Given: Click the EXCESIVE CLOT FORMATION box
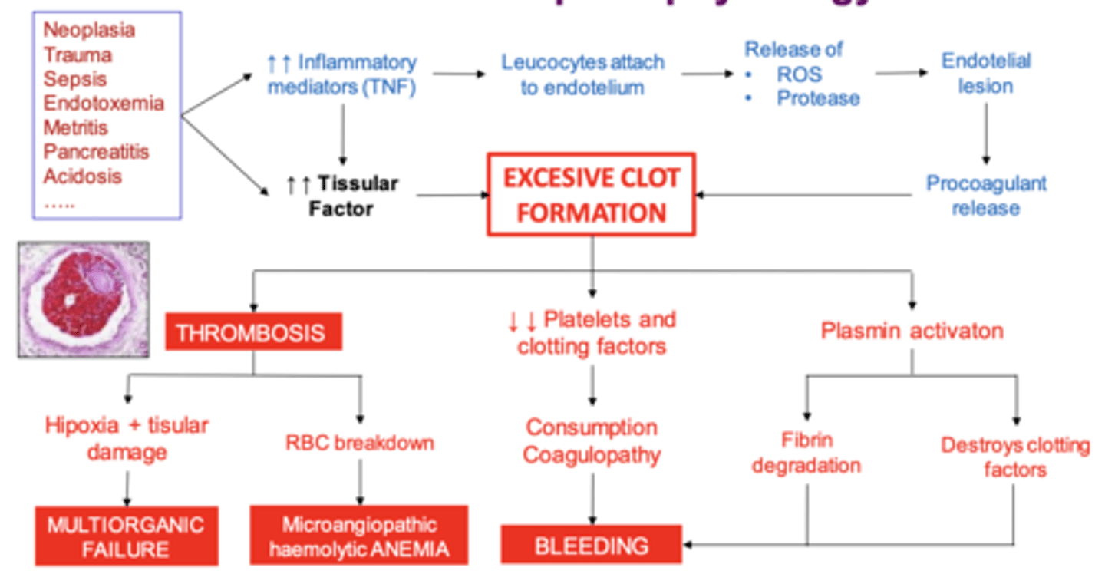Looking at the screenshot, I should pos(591,194).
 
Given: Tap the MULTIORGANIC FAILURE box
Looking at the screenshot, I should pos(126,536).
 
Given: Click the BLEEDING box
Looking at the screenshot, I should pos(591,546).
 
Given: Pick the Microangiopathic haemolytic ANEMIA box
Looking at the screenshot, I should pos(359,536).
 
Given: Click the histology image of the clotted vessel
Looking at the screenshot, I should pos(83,300).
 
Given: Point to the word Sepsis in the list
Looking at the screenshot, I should pos(75,79).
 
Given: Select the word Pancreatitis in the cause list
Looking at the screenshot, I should pos(96,151).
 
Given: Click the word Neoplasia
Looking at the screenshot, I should pos(89,31).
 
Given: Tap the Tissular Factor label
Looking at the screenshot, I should pos(341,196).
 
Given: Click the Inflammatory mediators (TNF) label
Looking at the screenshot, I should pos(341,74).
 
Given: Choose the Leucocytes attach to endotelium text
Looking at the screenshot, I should pos(582,74).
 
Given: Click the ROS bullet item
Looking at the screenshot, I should pos(799,74).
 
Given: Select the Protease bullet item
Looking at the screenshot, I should pos(818,98).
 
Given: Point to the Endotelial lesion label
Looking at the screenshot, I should pos(986,73).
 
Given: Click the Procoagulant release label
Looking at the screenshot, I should pos(986,196).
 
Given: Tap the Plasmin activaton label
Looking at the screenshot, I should pos(912,331).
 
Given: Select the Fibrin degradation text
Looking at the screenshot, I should pos(806,453).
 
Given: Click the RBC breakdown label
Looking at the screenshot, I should pos(359,443).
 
